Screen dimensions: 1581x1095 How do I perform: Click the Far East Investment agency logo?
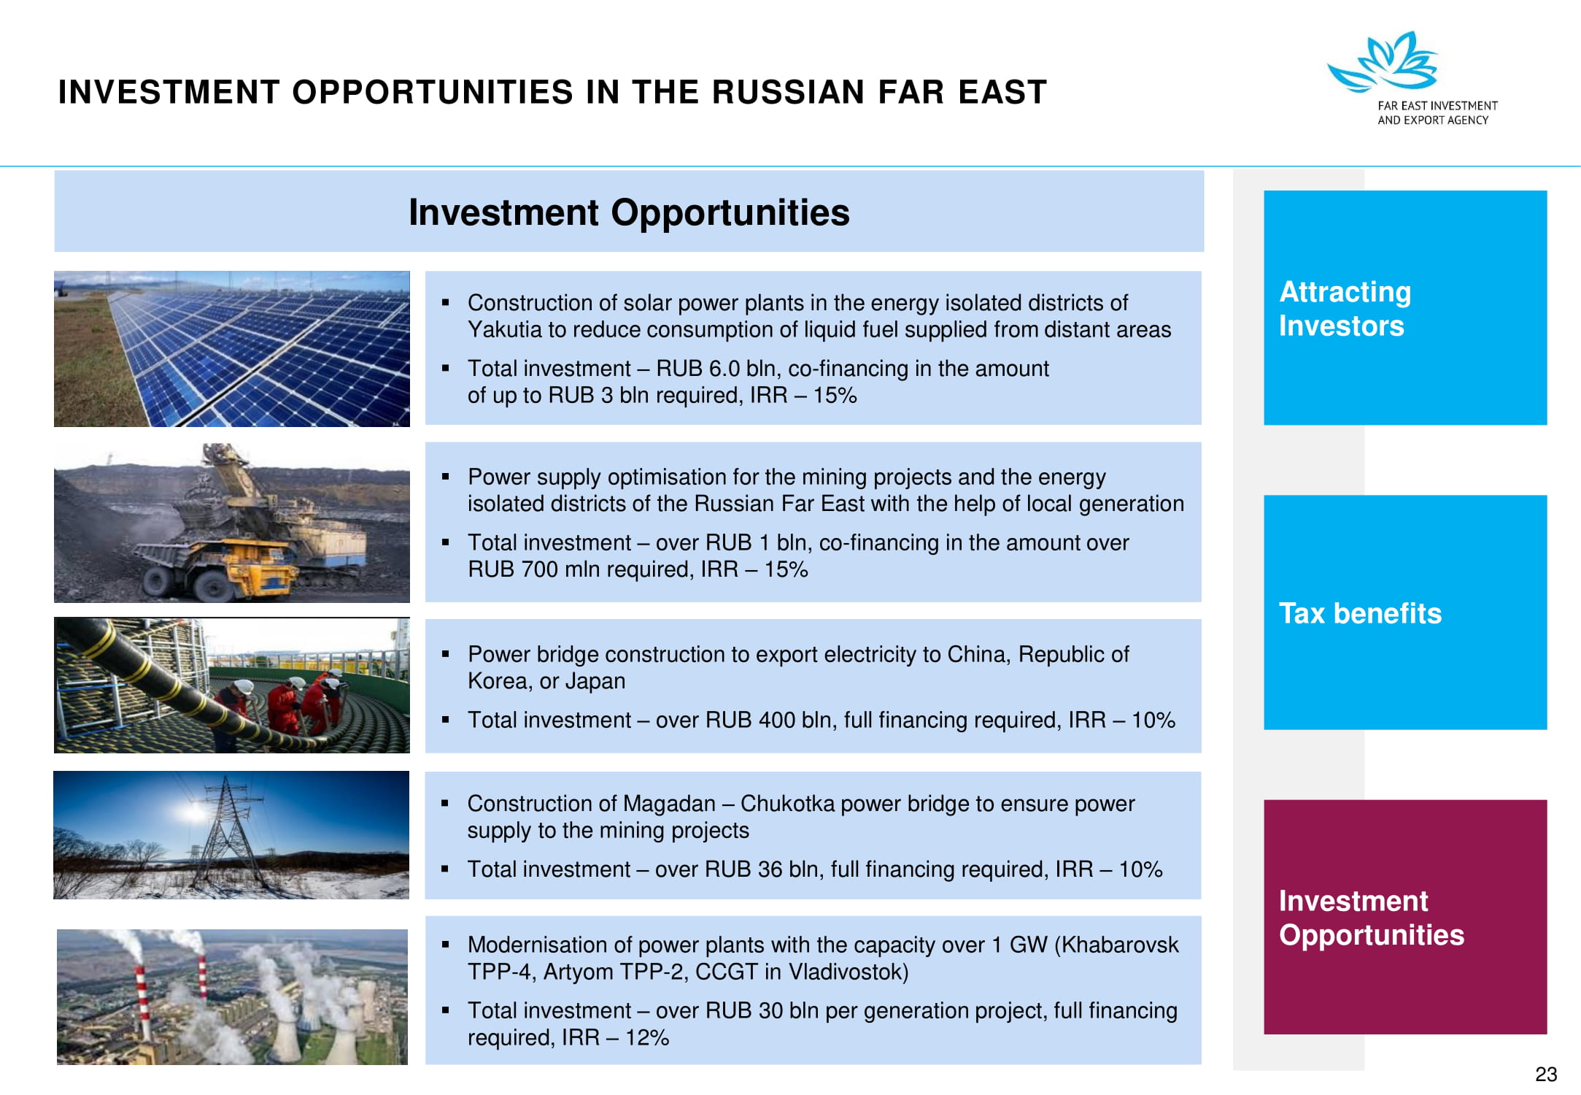(x=1412, y=78)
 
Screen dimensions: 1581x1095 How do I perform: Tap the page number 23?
(x=1546, y=1075)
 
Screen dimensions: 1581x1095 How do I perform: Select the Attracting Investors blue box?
(x=1405, y=307)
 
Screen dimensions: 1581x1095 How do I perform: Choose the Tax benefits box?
(x=1405, y=612)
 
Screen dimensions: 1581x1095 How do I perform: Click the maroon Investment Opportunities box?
(x=1405, y=917)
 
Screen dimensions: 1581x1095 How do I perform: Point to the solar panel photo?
(x=232, y=349)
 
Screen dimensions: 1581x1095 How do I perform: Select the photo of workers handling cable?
(x=232, y=685)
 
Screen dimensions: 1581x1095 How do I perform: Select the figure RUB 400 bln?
(x=768, y=721)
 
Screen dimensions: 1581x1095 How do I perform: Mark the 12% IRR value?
(x=647, y=1038)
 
